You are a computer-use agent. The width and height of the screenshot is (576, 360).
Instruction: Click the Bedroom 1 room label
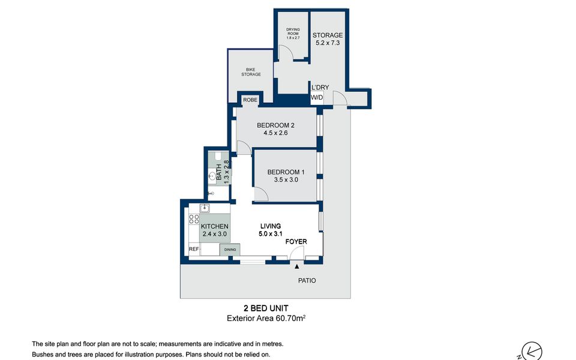[x=286, y=172]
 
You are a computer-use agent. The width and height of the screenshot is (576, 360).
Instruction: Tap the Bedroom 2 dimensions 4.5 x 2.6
[x=275, y=133]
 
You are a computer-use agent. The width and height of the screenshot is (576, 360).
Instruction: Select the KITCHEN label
[x=215, y=226]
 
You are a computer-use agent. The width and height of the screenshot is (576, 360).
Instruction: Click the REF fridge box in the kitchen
[x=194, y=249]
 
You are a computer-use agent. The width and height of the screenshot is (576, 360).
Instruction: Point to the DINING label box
[x=230, y=250]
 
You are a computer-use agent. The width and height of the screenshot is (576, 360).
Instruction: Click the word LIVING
[x=271, y=226]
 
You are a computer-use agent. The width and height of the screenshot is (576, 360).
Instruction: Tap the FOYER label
[x=296, y=241]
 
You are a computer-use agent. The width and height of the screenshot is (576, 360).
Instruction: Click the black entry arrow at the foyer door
[x=297, y=266]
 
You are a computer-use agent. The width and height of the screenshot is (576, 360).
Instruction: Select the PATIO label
[x=307, y=280]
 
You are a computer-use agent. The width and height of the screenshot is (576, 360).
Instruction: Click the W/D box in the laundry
[x=317, y=98]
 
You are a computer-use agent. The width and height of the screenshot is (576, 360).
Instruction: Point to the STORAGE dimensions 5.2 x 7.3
[x=328, y=43]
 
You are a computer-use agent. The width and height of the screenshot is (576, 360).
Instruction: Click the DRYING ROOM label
[x=293, y=31]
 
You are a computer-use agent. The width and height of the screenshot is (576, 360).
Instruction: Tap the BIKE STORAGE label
[x=251, y=71]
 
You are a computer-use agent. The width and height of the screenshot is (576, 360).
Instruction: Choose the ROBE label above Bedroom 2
[x=250, y=100]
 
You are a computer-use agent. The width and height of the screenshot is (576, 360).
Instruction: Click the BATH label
[x=219, y=172]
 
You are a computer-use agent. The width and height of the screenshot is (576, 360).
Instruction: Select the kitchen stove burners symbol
[x=194, y=220]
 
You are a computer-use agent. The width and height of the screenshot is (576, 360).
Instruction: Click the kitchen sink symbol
[x=205, y=209]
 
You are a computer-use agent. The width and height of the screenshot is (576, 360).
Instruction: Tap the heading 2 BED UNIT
[x=266, y=308]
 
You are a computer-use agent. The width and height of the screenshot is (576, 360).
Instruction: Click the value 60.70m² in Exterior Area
[x=290, y=318]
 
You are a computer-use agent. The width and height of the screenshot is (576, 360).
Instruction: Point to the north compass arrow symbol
[x=532, y=351]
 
